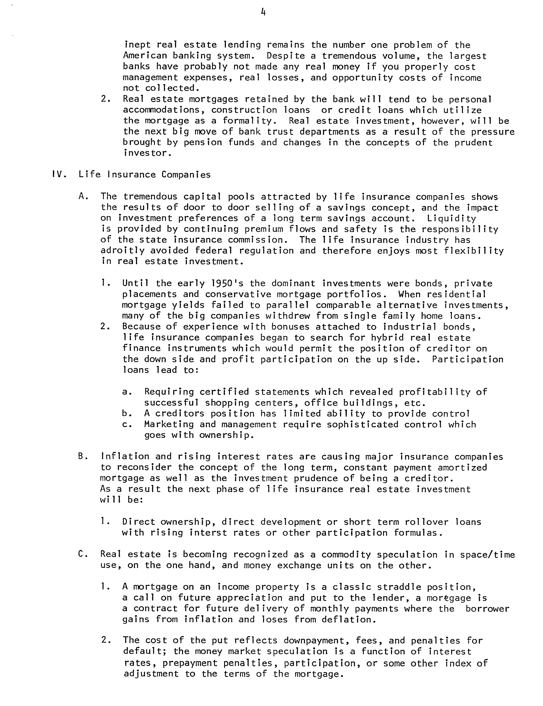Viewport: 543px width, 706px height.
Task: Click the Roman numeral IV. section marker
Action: click(x=59, y=175)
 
